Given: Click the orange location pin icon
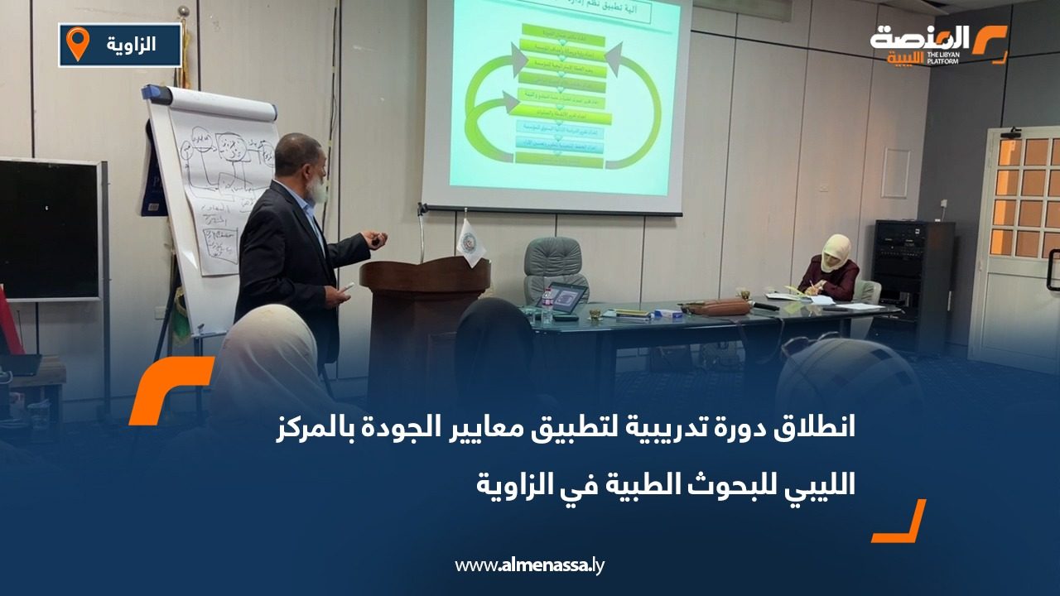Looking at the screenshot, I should coord(77,44).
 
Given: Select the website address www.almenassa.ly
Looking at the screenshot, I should coord(530,566).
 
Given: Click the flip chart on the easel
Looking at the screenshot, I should coord(219,190).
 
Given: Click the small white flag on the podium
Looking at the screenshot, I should coord(471,242).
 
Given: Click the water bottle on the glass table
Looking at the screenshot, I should coord(547,306).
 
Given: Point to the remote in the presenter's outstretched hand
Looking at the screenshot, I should coord(378,240).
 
